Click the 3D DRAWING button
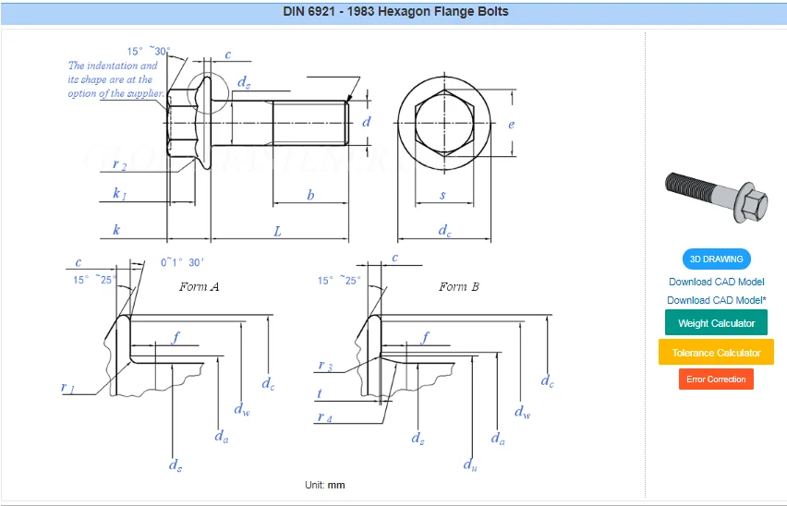point(717,259)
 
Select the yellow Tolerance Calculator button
point(716,353)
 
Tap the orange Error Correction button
point(716,379)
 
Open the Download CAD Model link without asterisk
point(716,282)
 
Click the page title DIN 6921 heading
point(395,12)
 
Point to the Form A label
point(199,287)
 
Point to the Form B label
point(459,287)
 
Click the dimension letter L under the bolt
point(277,232)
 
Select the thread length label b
point(310,196)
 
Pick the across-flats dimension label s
point(442,196)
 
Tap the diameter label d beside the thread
point(367,122)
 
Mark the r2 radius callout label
point(119,164)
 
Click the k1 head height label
point(119,196)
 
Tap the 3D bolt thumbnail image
point(716,195)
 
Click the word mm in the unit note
point(336,485)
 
